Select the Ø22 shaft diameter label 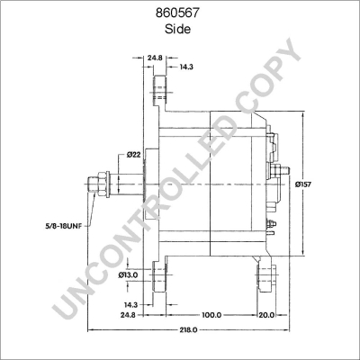(133, 155)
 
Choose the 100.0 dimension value (211, 316)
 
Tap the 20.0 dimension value (267, 316)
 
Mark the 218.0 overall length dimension (186, 332)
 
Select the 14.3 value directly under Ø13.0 (131, 304)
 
